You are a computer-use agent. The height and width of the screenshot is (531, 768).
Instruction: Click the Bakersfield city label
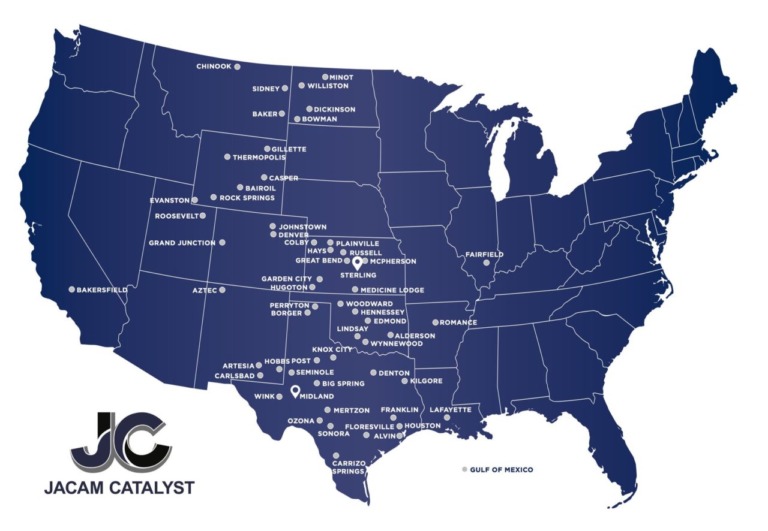click(x=102, y=290)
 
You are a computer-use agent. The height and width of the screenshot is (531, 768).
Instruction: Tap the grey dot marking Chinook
click(x=237, y=67)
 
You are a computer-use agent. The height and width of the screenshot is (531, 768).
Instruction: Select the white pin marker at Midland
click(x=295, y=391)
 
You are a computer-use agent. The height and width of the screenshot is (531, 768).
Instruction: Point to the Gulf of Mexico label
click(x=502, y=470)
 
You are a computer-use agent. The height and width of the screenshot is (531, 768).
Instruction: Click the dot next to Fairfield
click(x=487, y=263)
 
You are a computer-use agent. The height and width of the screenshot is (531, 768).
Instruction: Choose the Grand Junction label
click(x=182, y=243)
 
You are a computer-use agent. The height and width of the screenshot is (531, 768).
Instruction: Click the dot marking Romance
click(x=436, y=322)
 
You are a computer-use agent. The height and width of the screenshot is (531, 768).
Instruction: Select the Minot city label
click(x=341, y=77)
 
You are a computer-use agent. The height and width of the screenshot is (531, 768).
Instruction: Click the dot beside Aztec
click(x=222, y=290)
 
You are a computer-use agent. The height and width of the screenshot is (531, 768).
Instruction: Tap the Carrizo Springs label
click(x=349, y=467)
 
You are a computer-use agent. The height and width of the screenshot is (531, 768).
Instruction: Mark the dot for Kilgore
click(x=404, y=381)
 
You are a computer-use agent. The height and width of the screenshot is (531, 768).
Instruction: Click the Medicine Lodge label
click(x=392, y=290)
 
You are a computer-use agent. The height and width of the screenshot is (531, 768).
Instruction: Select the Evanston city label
click(x=170, y=200)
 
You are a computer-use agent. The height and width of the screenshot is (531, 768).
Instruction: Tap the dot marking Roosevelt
click(x=203, y=216)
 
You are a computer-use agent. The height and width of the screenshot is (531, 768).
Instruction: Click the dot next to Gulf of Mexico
click(x=464, y=469)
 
